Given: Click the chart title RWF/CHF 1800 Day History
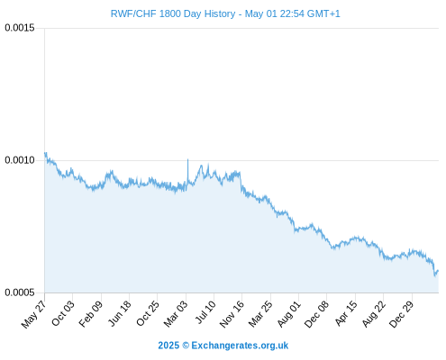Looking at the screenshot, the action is (x=173, y=14).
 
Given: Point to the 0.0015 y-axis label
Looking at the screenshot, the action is (x=20, y=28).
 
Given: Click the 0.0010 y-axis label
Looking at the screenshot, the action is (x=20, y=160).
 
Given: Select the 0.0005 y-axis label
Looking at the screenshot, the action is (x=20, y=292).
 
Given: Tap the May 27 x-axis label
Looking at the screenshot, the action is (x=33, y=314).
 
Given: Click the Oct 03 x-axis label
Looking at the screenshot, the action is (x=63, y=313).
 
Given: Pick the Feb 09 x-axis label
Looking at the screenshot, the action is (x=91, y=314).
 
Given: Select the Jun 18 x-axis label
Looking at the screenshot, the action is (x=120, y=313).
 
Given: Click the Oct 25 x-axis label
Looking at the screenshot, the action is (x=148, y=313).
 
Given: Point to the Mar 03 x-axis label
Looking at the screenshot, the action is (x=176, y=314).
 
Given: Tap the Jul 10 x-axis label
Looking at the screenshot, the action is (x=205, y=312).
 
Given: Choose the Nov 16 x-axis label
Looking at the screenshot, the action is (x=232, y=314).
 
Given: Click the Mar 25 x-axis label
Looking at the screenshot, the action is (x=260, y=314).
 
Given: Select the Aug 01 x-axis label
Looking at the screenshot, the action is (x=288, y=314).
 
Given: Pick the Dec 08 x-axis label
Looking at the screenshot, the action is (x=316, y=314).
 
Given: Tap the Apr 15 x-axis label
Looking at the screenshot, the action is (x=346, y=313).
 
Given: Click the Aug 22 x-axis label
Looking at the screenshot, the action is (x=374, y=314).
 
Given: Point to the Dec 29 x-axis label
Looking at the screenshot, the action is (x=402, y=314).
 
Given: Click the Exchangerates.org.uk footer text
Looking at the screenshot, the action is (x=240, y=346).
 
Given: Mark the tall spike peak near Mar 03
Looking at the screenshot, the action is (x=188, y=159).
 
